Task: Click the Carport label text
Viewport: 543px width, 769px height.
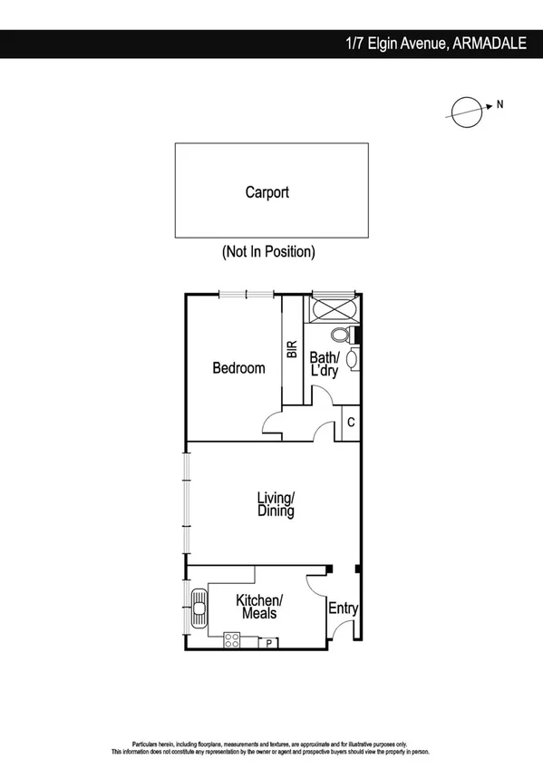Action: click(267, 192)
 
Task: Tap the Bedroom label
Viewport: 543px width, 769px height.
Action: click(238, 368)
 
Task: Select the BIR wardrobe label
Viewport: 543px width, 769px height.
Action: click(292, 350)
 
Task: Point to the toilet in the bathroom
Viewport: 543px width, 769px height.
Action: click(341, 335)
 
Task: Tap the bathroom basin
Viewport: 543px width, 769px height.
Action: click(352, 359)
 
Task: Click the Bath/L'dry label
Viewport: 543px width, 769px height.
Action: click(324, 365)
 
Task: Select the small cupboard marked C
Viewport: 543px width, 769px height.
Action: click(350, 423)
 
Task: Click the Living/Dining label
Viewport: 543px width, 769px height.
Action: click(276, 505)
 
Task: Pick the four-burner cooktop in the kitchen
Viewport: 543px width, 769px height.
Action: click(232, 640)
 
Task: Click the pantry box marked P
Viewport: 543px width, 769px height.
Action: click(268, 643)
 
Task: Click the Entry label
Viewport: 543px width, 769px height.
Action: click(342, 608)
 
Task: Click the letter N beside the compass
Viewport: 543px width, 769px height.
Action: click(499, 104)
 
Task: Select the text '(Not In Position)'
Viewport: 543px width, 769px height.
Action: click(268, 252)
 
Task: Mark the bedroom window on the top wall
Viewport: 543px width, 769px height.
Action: click(246, 294)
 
